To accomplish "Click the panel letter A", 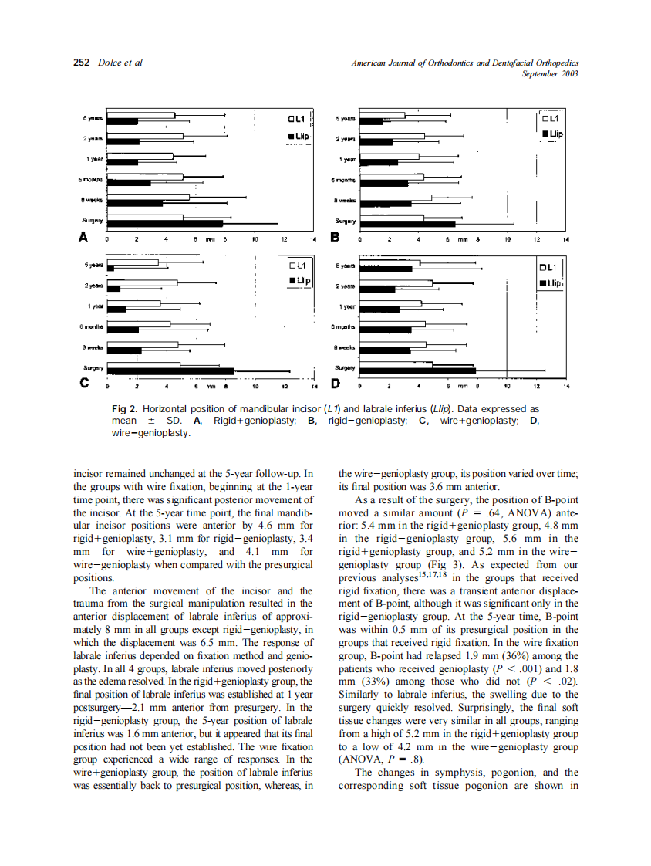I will coord(83,237).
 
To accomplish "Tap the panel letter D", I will coord(336,383).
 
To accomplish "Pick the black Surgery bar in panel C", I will coord(170,371).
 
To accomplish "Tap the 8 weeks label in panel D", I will coord(344,348).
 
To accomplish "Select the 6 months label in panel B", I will coord(343,180).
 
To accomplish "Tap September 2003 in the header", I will coord(550,74).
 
